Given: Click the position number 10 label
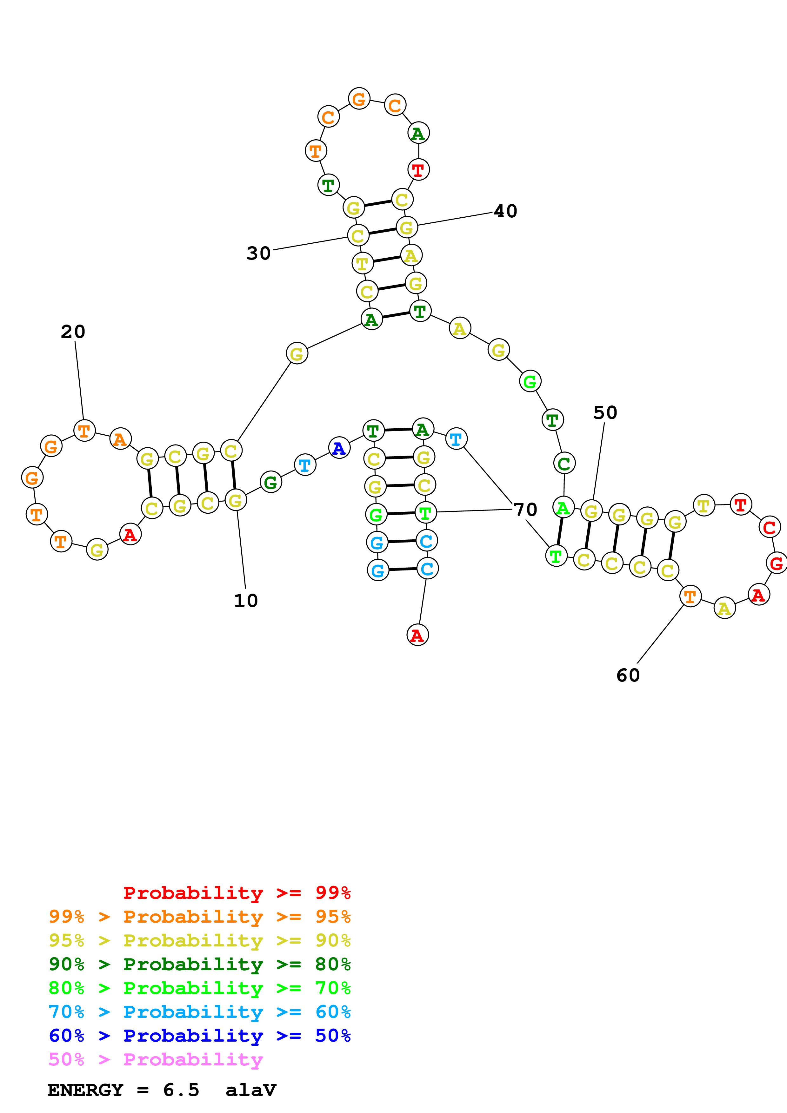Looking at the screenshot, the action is point(246,601).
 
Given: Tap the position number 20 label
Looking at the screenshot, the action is point(73,332).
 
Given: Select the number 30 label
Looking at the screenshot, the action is point(258,254).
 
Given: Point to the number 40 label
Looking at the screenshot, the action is point(506,211).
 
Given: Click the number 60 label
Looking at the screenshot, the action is point(628,675).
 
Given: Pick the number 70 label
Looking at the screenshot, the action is point(526,510).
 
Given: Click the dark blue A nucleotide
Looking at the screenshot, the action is point(339,448).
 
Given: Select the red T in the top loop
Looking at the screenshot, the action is point(418,170).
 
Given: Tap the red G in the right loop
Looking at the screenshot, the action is point(776,563).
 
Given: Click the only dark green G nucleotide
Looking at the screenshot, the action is point(270,482).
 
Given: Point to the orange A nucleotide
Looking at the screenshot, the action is point(120,439).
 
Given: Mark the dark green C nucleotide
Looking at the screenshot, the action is point(564,464).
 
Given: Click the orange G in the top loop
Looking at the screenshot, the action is point(359,99).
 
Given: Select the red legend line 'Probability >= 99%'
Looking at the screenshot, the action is point(237,893).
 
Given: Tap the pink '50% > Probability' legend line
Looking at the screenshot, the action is point(156,1060).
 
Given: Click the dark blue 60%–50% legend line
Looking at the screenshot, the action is point(199,1036).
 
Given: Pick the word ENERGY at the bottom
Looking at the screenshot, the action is point(85,1090).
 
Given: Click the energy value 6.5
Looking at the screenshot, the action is point(181,1090).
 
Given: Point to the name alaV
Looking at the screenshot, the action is point(251,1090).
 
